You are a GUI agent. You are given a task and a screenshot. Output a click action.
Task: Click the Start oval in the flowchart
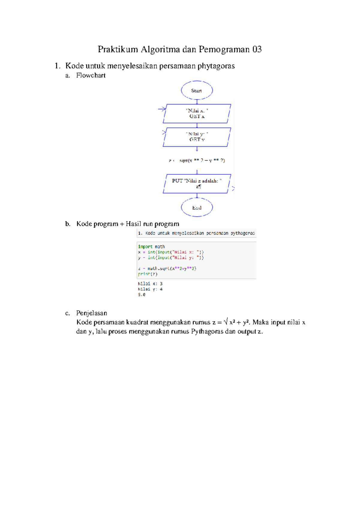197,90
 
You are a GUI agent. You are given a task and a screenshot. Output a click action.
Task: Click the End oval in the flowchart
197,207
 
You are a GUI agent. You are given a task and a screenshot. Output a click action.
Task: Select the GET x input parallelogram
197,113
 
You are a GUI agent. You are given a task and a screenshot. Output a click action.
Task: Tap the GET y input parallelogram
197,137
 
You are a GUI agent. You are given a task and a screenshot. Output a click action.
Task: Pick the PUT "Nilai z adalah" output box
197,183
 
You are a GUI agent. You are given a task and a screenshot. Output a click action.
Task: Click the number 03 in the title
257,49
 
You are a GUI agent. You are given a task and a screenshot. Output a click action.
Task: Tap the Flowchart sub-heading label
91,75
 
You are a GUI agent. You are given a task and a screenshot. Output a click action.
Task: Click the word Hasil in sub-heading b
133,224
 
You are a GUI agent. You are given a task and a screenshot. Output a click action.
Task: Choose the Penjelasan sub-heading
91,313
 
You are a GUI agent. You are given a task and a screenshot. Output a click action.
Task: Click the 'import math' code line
151,247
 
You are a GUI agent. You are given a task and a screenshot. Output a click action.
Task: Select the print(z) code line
148,274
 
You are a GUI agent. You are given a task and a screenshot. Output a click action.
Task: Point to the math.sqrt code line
167,269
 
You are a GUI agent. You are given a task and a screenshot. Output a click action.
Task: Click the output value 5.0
142,295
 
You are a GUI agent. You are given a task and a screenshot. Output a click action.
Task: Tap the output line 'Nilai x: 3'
150,284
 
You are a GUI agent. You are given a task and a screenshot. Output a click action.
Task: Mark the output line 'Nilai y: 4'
150,289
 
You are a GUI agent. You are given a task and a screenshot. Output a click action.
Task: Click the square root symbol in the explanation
226,322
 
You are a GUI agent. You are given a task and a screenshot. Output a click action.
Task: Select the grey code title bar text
196,233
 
